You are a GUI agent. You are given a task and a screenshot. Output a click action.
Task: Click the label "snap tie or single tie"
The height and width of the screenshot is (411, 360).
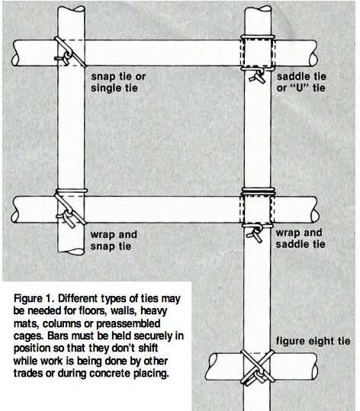[118, 82]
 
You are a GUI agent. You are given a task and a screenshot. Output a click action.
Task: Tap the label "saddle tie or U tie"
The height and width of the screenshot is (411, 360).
[301, 82]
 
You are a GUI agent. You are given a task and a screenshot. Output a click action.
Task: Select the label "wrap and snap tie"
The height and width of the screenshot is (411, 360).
[114, 240]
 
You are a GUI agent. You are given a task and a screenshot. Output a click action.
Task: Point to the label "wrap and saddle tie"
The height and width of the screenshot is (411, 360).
[301, 238]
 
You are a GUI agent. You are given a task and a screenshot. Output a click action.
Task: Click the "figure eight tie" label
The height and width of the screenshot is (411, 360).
[313, 341]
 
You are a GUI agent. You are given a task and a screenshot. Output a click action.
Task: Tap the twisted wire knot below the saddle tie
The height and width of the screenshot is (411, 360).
[258, 76]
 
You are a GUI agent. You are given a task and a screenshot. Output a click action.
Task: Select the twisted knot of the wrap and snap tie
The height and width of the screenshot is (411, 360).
[66, 218]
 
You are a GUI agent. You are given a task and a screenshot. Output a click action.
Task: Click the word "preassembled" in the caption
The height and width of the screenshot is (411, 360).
[128, 324]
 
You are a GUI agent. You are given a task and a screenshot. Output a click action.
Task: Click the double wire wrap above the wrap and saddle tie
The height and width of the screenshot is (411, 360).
[259, 191]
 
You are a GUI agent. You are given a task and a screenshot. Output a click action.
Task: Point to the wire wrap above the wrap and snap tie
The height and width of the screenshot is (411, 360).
[72, 191]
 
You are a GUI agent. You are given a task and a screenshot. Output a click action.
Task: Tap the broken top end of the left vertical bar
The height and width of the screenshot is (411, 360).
[72, 9]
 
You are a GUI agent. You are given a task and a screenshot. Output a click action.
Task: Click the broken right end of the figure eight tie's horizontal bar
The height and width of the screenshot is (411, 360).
[313, 367]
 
